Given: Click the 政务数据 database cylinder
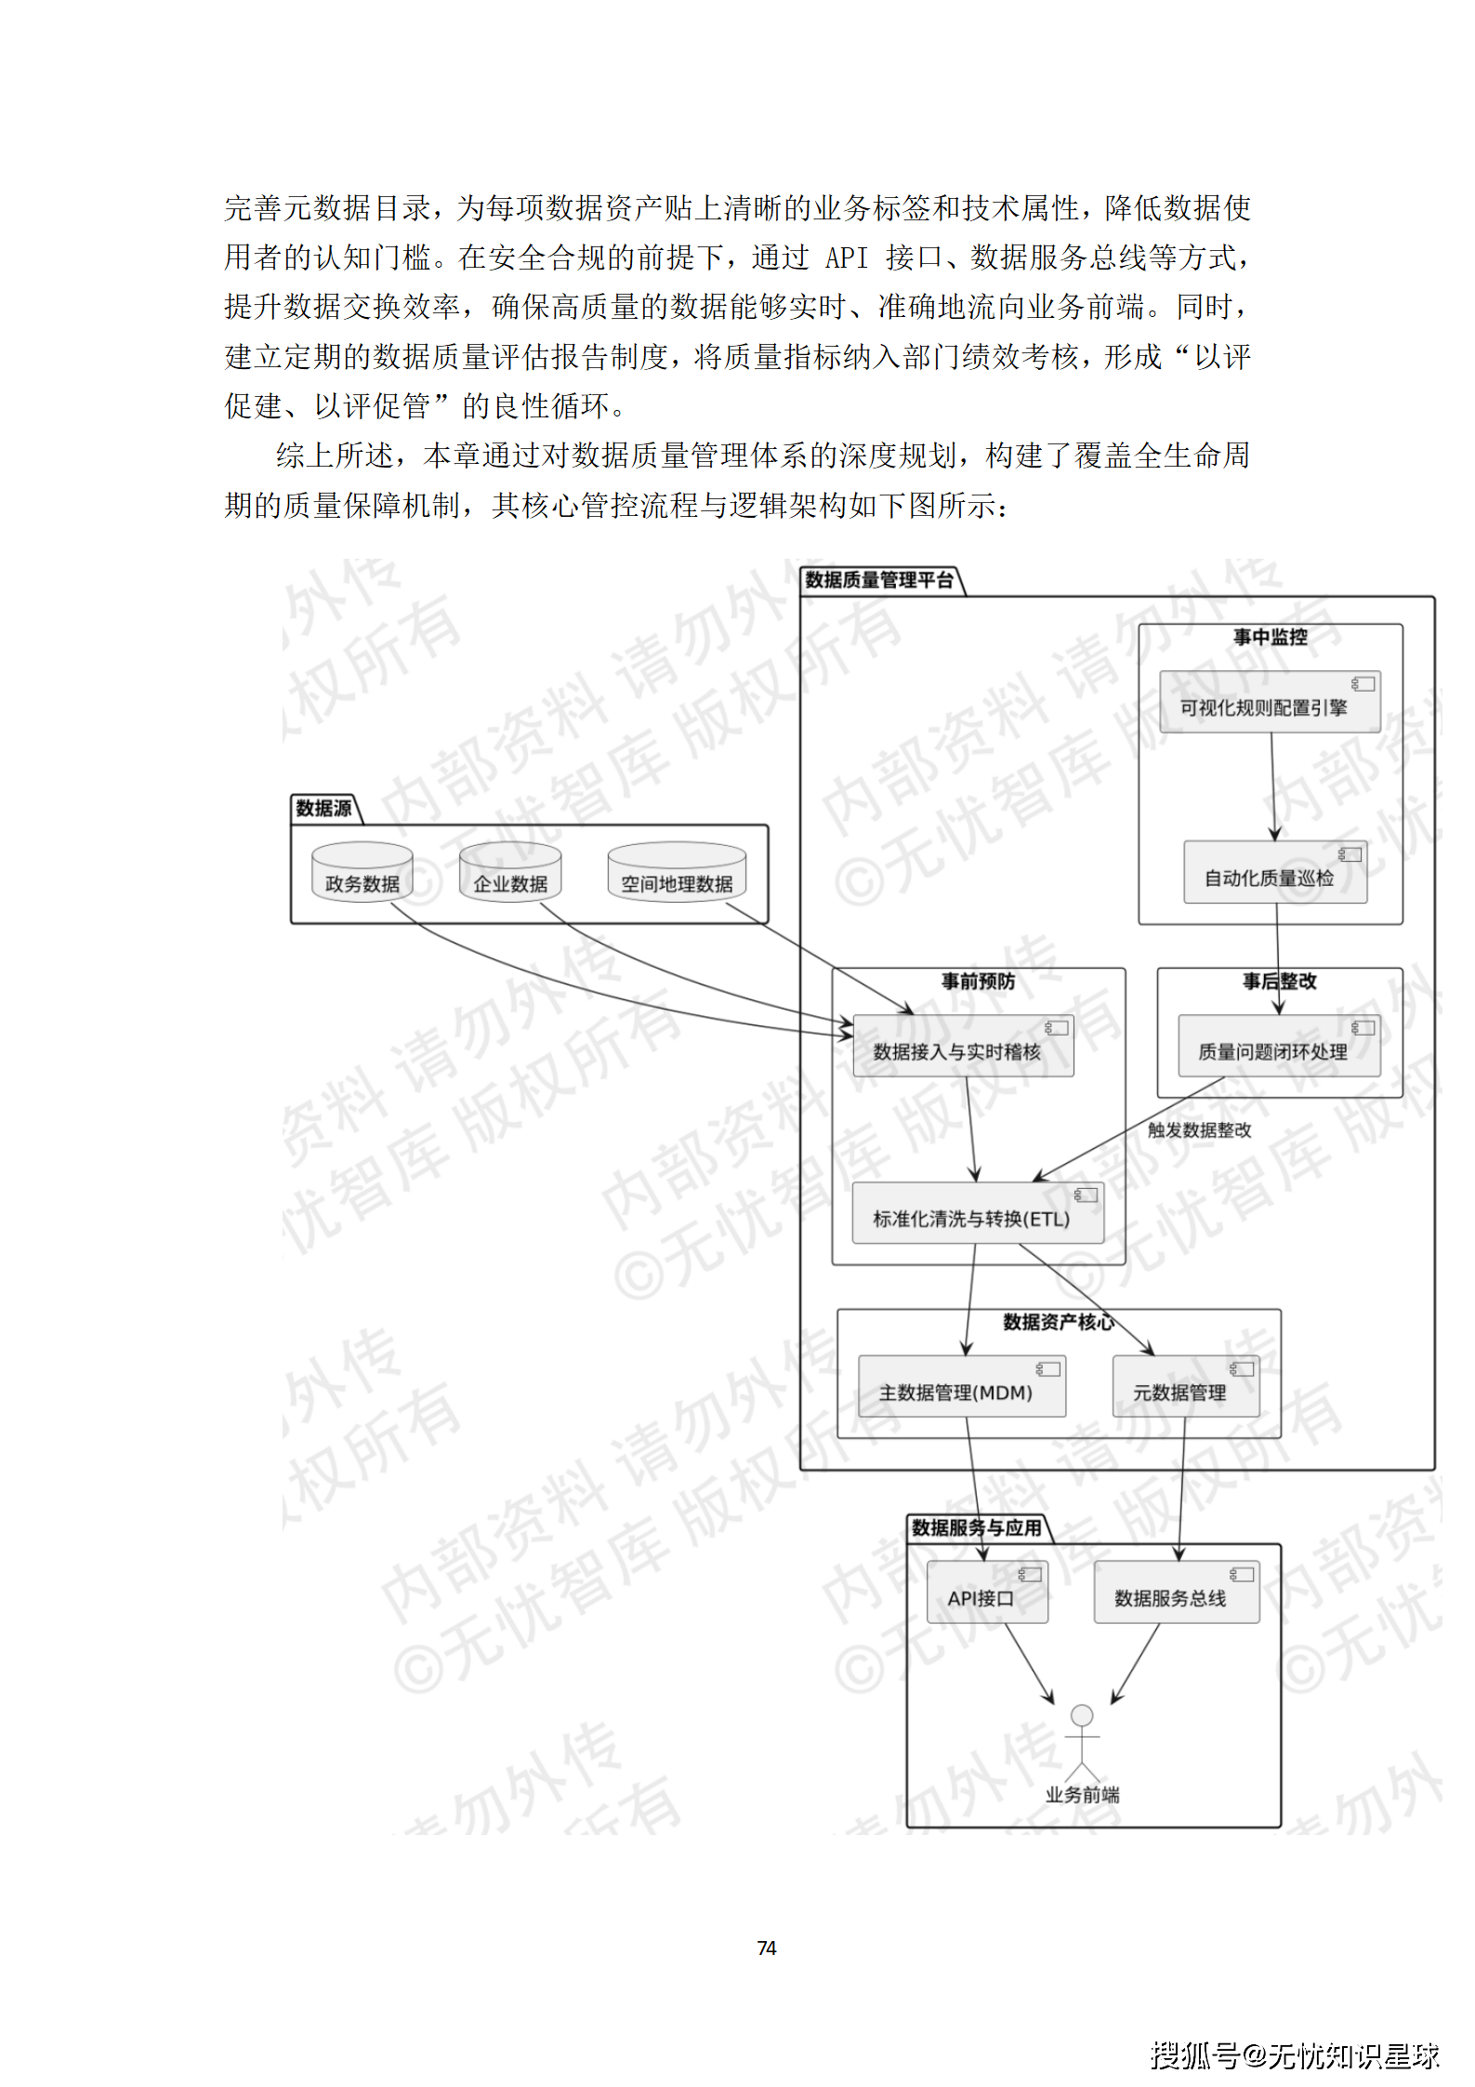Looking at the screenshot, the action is [x=362, y=872].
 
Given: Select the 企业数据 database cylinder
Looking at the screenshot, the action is [x=510, y=872].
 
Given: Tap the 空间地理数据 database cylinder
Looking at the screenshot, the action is [x=677, y=872].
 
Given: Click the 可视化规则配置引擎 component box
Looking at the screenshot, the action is [x=1270, y=702].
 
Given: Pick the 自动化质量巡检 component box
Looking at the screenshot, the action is [x=1274, y=873].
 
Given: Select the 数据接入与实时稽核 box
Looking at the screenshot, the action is [x=963, y=1046].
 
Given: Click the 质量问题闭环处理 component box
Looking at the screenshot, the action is [x=1278, y=1046].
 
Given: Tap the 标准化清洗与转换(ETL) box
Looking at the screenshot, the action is [x=978, y=1213].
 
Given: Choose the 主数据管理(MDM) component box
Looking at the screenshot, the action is [x=961, y=1386].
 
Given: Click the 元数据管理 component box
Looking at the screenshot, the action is [x=1185, y=1386].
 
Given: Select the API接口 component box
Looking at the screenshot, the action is [x=987, y=1592].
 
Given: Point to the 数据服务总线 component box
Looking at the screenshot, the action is [x=1176, y=1592].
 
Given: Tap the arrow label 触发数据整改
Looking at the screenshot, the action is [x=1199, y=1129].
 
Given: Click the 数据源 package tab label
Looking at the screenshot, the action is [x=323, y=809].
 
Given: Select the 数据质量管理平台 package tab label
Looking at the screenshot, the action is [x=878, y=580].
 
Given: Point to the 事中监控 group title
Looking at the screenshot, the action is [x=1270, y=637].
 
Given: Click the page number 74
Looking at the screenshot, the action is [x=766, y=1948].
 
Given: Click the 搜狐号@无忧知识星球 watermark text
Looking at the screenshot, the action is [x=1294, y=2055].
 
